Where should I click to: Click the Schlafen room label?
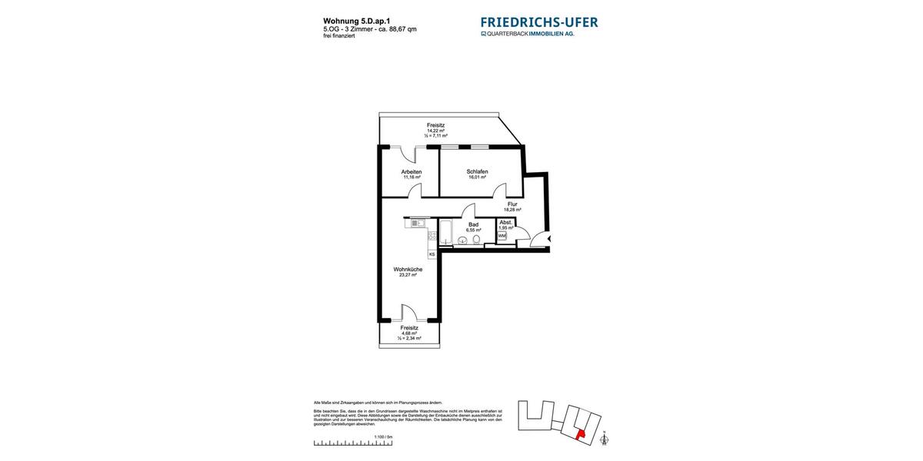click(477, 171)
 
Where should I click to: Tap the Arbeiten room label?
click(412, 171)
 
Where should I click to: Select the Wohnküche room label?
click(408, 270)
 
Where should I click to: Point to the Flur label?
click(512, 204)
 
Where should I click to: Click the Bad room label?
click(473, 224)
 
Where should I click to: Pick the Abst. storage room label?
click(505, 222)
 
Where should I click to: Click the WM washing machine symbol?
click(501, 236)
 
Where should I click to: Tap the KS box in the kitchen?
click(432, 254)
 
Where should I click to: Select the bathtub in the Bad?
click(446, 232)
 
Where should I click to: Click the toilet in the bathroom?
click(477, 240)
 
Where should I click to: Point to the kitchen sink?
click(418, 223)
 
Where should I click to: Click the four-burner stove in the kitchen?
click(432, 236)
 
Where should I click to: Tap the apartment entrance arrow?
click(549, 239)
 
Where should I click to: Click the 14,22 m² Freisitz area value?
click(436, 131)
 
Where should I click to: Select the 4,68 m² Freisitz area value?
click(408, 333)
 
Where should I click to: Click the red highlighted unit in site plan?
click(581, 434)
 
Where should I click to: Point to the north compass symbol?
click(604, 439)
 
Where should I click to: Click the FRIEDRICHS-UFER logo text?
click(538, 22)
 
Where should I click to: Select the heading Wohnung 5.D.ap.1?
click(357, 22)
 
